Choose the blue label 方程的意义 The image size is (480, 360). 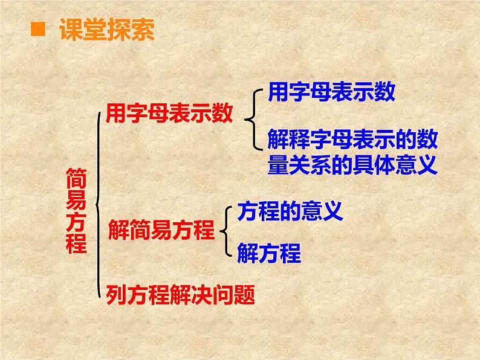tap(290, 210)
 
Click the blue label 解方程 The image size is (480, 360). tap(269, 253)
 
